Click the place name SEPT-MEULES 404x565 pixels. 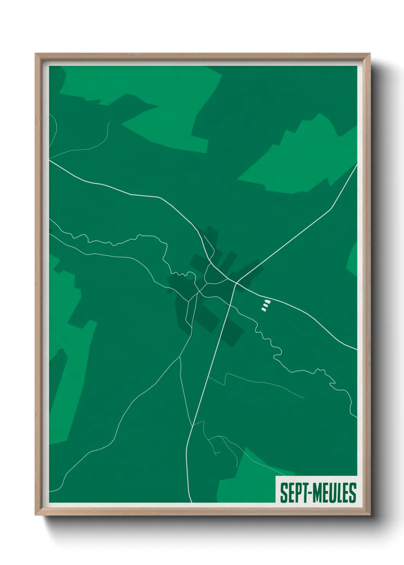(x=318, y=492)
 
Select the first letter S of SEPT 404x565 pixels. (x=284, y=492)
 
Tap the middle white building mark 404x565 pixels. (x=265, y=305)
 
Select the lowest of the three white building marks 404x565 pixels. (x=263, y=309)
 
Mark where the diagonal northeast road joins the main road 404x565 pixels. (x=236, y=282)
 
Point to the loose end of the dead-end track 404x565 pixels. (x=304, y=397)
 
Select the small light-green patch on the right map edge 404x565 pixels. (x=352, y=260)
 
